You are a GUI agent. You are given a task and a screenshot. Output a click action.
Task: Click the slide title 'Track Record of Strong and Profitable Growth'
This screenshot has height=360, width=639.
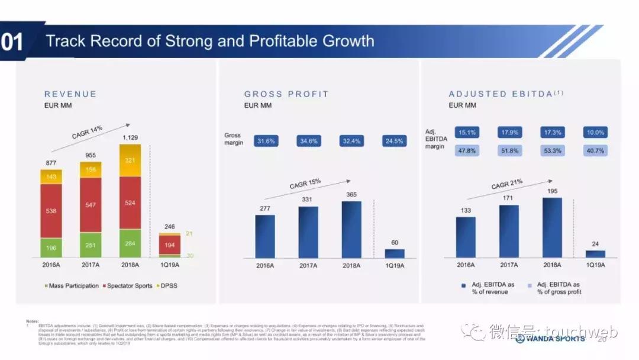click(x=210, y=41)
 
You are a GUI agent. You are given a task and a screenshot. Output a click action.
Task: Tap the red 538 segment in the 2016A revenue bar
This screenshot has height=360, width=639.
click(x=50, y=210)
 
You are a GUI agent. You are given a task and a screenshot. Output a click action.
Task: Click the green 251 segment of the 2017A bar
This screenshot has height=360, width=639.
click(x=91, y=245)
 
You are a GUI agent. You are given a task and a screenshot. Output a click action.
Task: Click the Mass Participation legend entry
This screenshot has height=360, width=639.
click(x=72, y=285)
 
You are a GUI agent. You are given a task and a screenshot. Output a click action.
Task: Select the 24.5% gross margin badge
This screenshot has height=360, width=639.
click(x=394, y=142)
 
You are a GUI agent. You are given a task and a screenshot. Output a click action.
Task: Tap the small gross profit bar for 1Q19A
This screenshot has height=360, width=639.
click(x=395, y=253)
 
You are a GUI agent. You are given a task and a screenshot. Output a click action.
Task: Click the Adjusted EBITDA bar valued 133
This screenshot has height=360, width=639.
click(x=466, y=237)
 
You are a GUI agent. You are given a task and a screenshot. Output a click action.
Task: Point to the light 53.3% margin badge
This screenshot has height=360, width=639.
click(x=553, y=151)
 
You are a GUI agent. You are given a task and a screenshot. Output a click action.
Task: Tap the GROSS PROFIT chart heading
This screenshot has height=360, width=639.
click(x=286, y=94)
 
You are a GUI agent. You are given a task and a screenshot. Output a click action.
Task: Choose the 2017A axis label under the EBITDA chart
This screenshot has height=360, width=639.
click(x=509, y=265)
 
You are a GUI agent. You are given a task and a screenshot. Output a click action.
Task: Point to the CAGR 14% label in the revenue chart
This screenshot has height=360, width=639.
click(x=87, y=131)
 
